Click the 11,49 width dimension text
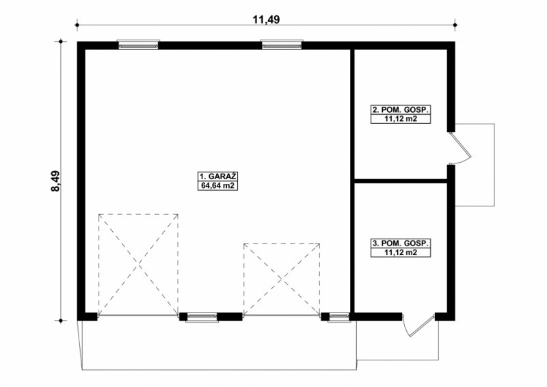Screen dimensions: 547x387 point(266,20)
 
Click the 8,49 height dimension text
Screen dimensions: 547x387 point(55,181)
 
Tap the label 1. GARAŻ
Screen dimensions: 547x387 point(217,176)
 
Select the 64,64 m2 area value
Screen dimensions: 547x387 point(217,186)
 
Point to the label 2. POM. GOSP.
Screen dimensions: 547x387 point(401,110)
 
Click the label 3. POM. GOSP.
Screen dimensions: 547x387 point(401,243)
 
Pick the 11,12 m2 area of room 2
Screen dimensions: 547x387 point(401,119)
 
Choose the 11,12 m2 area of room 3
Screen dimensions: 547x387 point(401,252)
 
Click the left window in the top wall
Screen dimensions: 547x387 point(138,44)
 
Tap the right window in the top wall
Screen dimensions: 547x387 point(282,44)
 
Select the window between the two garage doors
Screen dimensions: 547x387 point(201,317)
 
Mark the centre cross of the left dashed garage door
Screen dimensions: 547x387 point(139,265)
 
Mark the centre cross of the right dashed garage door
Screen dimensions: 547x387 point(282,280)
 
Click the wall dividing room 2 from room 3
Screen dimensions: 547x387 point(401,181)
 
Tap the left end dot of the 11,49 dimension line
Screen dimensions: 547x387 point(77,25)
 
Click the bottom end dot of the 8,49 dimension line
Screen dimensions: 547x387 point(61,321)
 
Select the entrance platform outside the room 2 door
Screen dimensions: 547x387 point(475,165)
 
